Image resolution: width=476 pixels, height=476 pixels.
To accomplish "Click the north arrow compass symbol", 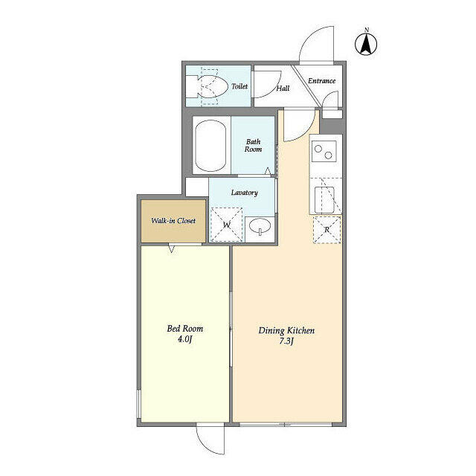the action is click(366, 43).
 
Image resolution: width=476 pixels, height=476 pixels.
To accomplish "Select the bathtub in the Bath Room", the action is click(210, 146).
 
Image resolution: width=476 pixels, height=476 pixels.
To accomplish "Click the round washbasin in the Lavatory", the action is click(260, 226).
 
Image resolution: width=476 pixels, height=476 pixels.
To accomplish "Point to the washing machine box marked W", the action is click(227, 225).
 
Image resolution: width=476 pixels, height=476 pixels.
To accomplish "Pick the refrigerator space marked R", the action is click(327, 230).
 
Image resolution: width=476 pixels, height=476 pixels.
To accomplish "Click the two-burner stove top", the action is click(324, 151).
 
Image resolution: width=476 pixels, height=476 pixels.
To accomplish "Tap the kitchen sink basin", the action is click(324, 200).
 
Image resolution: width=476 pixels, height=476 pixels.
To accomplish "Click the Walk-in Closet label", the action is click(173, 221).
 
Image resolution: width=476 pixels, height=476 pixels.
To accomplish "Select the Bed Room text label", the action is click(185, 329).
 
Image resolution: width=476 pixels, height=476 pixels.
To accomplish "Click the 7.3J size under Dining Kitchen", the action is click(286, 341).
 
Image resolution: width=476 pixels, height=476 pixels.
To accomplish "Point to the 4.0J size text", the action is click(185, 339).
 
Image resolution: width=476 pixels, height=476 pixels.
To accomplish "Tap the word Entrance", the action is click(322, 81).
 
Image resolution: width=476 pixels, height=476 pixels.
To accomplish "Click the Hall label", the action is click(283, 89).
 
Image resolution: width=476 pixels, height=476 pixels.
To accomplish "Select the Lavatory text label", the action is click(245, 193).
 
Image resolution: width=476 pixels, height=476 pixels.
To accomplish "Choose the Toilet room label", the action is click(239, 86).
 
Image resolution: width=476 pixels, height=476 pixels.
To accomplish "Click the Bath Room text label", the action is click(253, 146).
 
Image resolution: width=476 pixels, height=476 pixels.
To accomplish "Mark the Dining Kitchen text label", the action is click(286, 330).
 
